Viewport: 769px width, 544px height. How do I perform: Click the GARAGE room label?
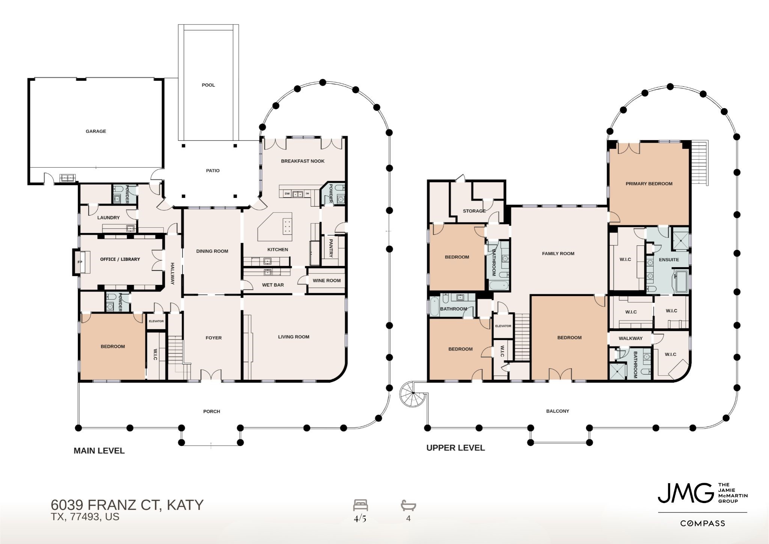[x=96, y=131]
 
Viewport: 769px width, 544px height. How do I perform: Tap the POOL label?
[x=208, y=85]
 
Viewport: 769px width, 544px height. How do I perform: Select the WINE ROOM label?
[x=327, y=280]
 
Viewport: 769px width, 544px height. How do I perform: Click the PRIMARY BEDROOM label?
[x=649, y=184]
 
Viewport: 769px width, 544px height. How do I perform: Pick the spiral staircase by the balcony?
[x=413, y=393]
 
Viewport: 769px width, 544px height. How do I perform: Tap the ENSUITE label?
[x=669, y=260]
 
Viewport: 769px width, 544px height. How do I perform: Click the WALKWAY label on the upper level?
[x=630, y=338]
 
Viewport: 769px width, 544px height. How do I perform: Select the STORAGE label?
[x=474, y=211]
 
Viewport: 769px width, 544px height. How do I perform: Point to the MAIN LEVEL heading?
[x=99, y=451]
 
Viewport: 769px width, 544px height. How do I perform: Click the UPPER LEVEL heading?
[x=455, y=448]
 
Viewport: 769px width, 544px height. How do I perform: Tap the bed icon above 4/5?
[x=360, y=505]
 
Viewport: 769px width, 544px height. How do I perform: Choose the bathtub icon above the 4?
[x=409, y=505]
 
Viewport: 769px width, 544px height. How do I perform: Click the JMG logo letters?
[x=686, y=493]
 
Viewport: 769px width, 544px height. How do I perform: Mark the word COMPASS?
[x=703, y=523]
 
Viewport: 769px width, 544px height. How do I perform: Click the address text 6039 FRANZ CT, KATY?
[x=127, y=505]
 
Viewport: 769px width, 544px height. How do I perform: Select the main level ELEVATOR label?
[x=156, y=321]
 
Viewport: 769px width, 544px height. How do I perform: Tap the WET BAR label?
[x=273, y=285]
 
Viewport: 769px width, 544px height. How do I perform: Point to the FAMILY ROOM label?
[x=558, y=254]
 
